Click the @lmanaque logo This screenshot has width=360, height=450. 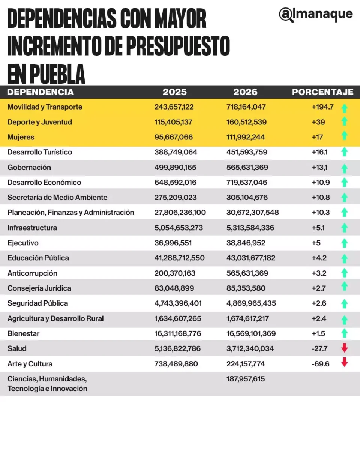(x=316, y=15)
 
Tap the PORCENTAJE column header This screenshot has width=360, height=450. (x=322, y=92)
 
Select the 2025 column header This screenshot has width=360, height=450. (x=174, y=92)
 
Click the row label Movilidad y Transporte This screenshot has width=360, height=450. (x=45, y=107)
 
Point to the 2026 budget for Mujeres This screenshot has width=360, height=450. (x=246, y=137)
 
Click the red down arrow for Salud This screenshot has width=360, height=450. (x=345, y=348)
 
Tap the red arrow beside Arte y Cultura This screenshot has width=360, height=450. (x=345, y=363)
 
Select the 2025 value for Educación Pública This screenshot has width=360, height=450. (x=180, y=258)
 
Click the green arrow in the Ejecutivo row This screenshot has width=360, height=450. (x=345, y=243)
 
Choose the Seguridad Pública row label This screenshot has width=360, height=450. (x=38, y=303)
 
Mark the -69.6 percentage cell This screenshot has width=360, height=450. (x=321, y=364)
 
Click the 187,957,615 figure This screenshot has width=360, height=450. (x=246, y=379)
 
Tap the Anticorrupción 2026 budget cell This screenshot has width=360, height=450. (x=247, y=273)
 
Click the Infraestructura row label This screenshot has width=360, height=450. (x=32, y=228)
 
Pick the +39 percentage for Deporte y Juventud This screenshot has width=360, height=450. (x=318, y=122)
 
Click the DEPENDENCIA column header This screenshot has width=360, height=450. (x=40, y=92)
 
